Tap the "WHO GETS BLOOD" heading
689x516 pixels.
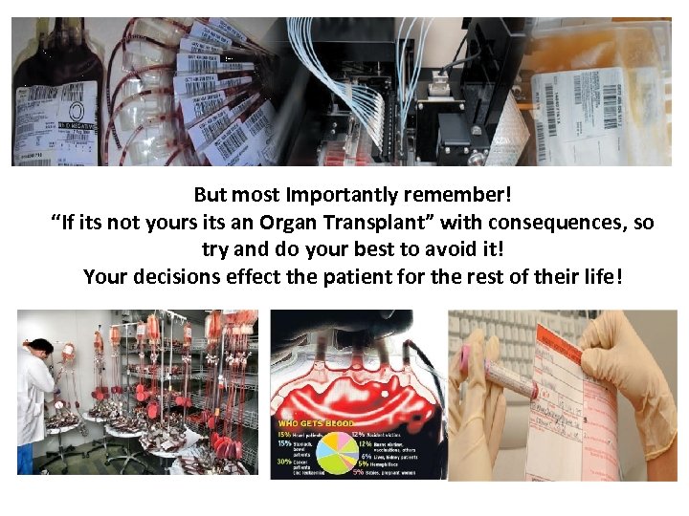pos(315,422)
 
